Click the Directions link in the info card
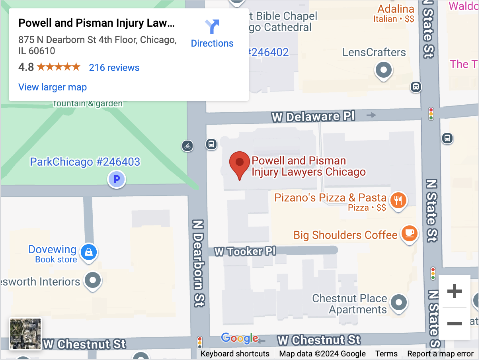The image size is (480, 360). click(212, 34)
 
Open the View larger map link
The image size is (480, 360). click(53, 87)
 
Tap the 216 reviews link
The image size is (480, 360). click(114, 68)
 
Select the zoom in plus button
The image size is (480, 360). click(454, 292)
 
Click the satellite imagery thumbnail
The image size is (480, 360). click(25, 334)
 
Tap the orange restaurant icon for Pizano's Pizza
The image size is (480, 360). click(398, 200)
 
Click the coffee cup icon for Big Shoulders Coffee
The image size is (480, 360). click(409, 233)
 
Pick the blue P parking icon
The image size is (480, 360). click(117, 180)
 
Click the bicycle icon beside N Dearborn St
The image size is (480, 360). click(187, 146)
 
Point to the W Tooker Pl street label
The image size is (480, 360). click(245, 251)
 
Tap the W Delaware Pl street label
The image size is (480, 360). click(313, 117)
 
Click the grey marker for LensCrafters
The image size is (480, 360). click(384, 70)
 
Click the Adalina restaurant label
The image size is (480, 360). click(396, 9)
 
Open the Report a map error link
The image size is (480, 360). click(440, 354)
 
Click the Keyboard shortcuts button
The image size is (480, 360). click(235, 354)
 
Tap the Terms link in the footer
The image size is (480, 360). click(386, 354)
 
